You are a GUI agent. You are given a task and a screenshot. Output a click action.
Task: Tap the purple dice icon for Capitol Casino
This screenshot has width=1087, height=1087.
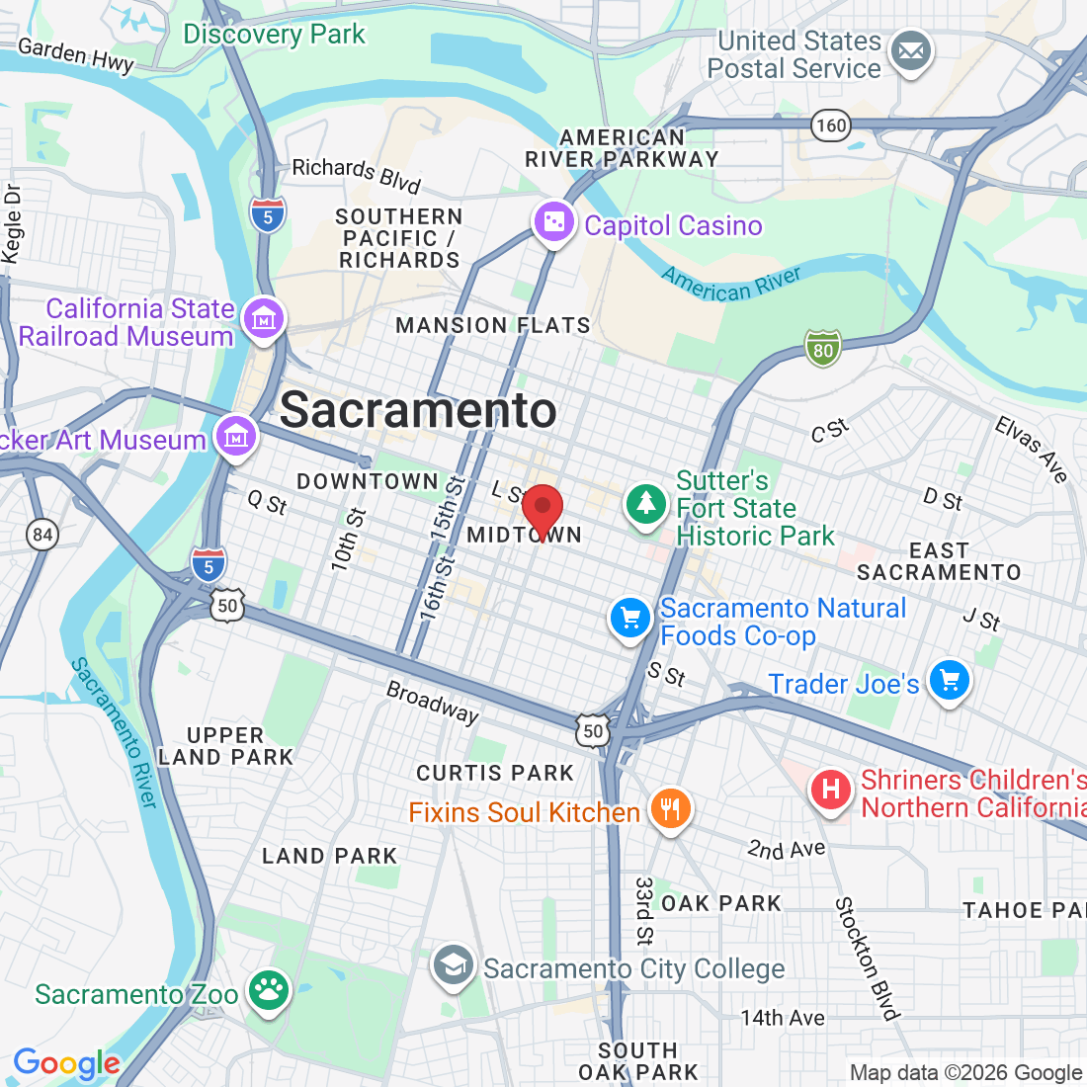click(x=553, y=223)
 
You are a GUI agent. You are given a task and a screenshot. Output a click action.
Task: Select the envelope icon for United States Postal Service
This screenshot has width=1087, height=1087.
click(x=910, y=52)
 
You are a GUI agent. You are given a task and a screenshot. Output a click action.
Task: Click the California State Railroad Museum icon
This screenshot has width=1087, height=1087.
click(x=263, y=320)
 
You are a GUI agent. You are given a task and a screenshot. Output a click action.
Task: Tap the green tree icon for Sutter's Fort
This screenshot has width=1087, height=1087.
click(x=646, y=504)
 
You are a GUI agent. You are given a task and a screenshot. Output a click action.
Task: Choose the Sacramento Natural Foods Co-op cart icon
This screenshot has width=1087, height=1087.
click(x=630, y=619)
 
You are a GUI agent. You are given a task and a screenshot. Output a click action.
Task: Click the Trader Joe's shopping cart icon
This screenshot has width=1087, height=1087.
click(x=950, y=681)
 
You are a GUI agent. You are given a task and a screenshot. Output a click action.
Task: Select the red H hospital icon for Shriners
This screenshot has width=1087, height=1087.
click(x=831, y=790)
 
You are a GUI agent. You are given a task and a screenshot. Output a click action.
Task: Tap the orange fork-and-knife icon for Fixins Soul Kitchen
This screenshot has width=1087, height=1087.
click(x=670, y=809)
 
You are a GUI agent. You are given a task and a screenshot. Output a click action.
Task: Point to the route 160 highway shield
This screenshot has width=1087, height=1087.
click(x=831, y=125)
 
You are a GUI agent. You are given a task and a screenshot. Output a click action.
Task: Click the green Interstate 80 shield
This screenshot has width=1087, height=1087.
click(x=823, y=349)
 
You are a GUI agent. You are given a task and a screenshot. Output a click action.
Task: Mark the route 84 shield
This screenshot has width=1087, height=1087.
click(x=42, y=536)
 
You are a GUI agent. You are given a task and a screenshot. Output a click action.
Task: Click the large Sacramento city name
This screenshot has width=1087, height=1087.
click(x=418, y=410)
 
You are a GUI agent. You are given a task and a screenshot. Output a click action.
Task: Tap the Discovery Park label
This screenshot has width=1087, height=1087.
click(x=274, y=35)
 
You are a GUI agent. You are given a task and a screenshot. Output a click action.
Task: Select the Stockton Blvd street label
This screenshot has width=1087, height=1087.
click(x=867, y=958)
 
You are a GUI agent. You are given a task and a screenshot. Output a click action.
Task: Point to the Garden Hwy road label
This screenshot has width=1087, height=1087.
click(x=76, y=55)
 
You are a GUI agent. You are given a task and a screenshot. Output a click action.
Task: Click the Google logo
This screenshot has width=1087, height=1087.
click(x=66, y=1063)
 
